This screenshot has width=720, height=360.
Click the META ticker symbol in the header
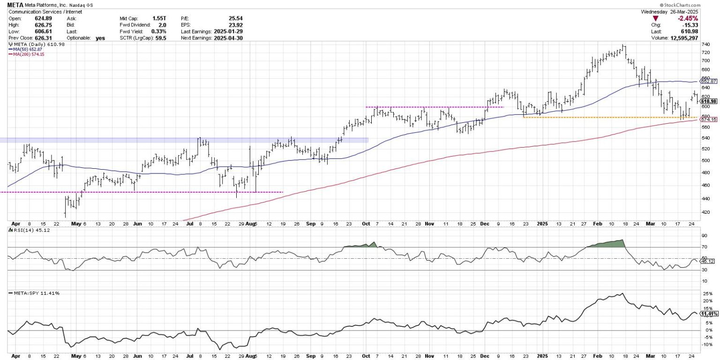coord(15,5)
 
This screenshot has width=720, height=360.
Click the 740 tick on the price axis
coord(705,44)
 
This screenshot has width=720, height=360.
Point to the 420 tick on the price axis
coord(705,212)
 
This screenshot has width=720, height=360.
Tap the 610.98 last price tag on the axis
coord(709,101)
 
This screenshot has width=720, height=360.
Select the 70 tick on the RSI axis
coord(704,247)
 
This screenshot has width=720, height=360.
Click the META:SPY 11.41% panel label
coord(34,293)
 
